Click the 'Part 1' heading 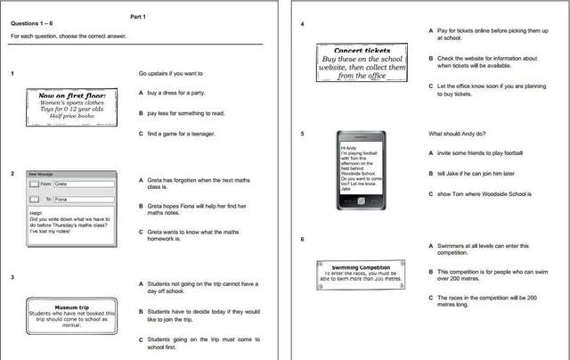coord(137,16)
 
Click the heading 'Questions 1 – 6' coord(34,26)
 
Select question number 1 coord(12,73)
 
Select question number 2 coord(12,175)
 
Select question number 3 coord(12,277)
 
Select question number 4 coord(303,23)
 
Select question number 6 coord(303,239)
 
